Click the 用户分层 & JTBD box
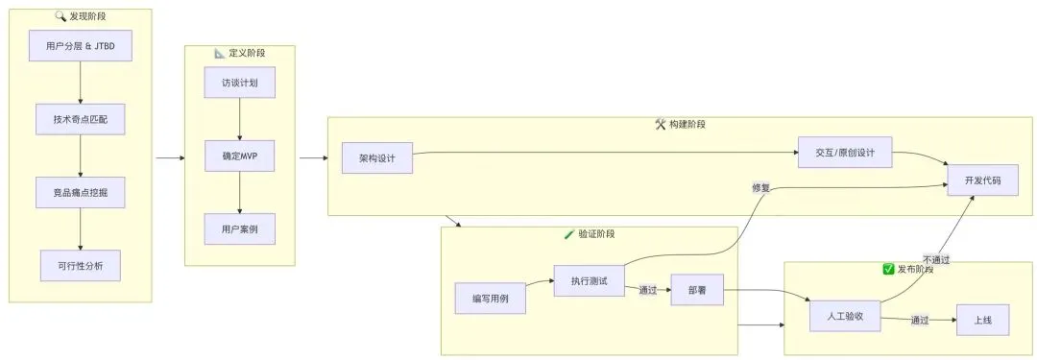point(80,46)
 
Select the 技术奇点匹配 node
point(80,119)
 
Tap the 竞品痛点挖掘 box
point(80,193)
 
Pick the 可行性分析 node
point(80,265)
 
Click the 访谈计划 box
point(239,83)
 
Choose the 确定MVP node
point(239,156)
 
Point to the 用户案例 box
point(239,229)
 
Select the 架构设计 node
point(377,158)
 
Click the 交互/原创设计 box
point(845,153)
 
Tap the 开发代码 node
point(982,180)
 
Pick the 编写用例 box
point(490,299)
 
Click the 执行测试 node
point(589,280)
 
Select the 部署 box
point(696,290)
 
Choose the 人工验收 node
point(845,316)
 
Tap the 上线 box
point(983,321)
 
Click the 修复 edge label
point(760,188)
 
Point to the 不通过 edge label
point(936,259)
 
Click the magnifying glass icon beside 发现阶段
point(60,16)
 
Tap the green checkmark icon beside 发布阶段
point(889,269)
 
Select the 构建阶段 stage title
point(687,124)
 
